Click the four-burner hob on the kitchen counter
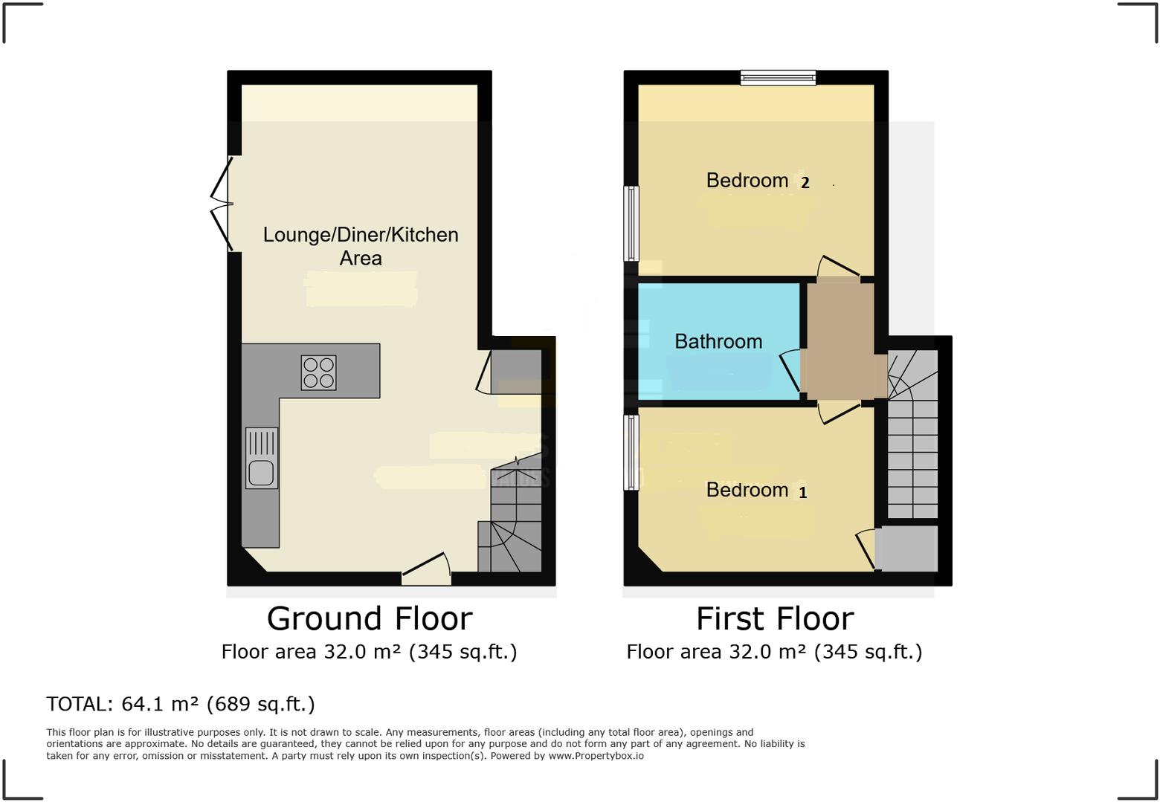tap(318, 373)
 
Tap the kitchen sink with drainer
tap(262, 458)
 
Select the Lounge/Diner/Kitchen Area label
tap(361, 246)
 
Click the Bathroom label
tap(718, 341)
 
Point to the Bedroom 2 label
tap(757, 181)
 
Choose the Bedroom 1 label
tap(755, 490)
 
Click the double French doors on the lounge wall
tap(222, 204)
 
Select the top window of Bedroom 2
tap(778, 77)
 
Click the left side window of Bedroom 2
tap(631, 223)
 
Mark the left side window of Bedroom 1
tap(631, 452)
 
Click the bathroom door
tap(791, 369)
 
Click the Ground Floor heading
tap(370, 618)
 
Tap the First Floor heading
tap(775, 618)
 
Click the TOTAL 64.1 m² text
tap(181, 704)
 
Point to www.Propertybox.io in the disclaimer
tap(596, 756)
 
